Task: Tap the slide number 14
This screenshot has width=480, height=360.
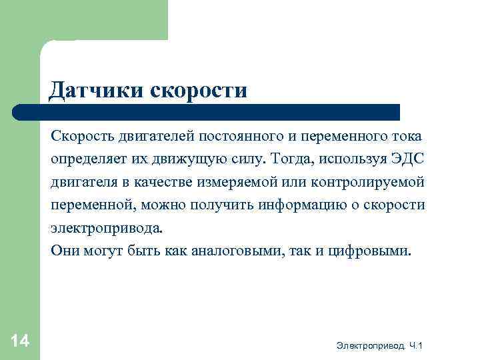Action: tap(20, 341)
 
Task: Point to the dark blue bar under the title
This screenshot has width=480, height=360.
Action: tap(207, 112)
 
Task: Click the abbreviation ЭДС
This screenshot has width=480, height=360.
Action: tap(407, 159)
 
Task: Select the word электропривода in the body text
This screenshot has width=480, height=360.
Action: tap(105, 228)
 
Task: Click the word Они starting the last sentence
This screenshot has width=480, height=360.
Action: tap(64, 251)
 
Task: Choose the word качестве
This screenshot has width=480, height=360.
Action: tap(147, 183)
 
